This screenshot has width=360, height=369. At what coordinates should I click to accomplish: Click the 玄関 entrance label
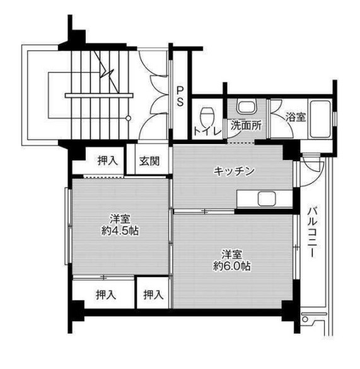pyautogui.click(x=149, y=161)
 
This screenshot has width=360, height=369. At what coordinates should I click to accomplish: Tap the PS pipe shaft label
pyautogui.click(x=180, y=96)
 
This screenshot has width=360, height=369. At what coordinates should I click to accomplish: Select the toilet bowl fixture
pyautogui.click(x=207, y=117)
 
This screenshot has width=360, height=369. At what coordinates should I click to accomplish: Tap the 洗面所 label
pyautogui.click(x=245, y=125)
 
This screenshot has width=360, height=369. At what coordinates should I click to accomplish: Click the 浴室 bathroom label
pyautogui.click(x=295, y=116)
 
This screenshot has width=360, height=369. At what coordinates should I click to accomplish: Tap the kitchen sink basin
pyautogui.click(x=265, y=201)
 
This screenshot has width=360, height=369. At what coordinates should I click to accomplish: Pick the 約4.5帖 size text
pyautogui.click(x=120, y=230)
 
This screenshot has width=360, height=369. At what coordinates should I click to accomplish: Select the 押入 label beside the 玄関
pyautogui.click(x=107, y=161)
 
